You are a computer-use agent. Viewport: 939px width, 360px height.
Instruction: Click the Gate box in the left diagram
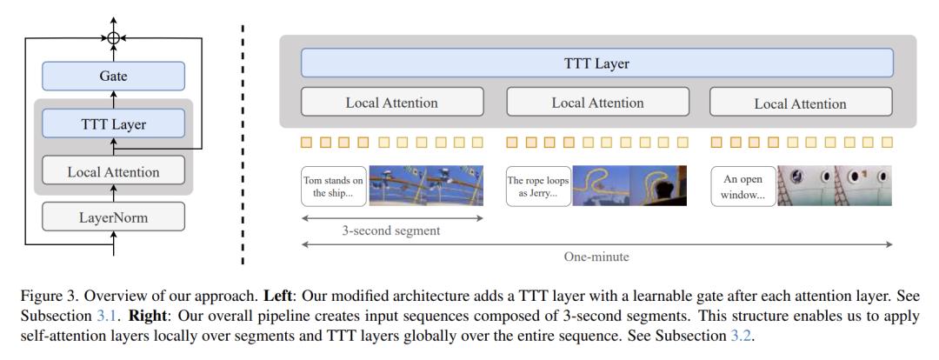[x=114, y=77]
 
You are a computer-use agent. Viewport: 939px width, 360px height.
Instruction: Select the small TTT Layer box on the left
[x=114, y=124]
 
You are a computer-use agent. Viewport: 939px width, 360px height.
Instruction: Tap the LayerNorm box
[x=114, y=217]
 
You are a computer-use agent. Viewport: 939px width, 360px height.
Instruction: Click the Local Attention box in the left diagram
[x=114, y=171]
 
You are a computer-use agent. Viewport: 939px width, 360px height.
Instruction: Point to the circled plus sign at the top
[x=114, y=37]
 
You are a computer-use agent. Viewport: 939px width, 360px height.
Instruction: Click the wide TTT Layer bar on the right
[x=596, y=63]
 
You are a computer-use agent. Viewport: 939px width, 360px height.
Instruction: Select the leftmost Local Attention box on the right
[x=391, y=103]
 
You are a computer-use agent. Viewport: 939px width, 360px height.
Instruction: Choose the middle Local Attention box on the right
[x=597, y=103]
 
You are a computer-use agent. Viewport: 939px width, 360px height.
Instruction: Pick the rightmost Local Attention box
[x=800, y=103]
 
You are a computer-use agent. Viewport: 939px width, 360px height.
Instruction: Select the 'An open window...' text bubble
[x=743, y=186]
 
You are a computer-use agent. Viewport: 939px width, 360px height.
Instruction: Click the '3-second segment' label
[x=390, y=230]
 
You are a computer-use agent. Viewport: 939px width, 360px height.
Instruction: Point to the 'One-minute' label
[x=596, y=257]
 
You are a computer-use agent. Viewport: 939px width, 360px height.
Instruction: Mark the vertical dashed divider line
[x=243, y=143]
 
